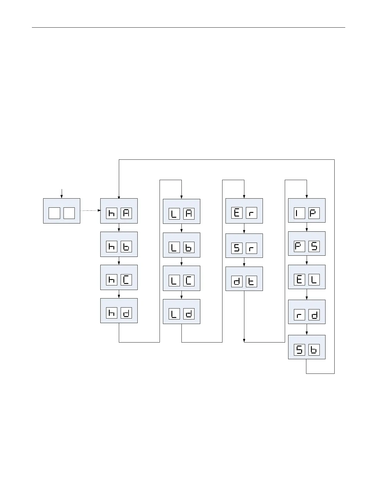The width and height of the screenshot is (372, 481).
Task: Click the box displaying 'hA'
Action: point(119,211)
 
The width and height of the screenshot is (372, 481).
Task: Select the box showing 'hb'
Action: point(119,244)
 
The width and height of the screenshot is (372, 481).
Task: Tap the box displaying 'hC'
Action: point(119,277)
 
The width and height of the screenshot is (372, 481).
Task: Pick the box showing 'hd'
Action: point(119,311)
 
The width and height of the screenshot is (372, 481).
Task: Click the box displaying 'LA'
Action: point(181,211)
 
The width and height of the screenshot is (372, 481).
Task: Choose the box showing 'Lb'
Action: point(181,245)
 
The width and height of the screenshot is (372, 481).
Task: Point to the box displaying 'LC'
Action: point(181,278)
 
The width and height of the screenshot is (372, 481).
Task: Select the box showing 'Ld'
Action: point(181,312)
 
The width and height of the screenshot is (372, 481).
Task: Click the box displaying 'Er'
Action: point(244,211)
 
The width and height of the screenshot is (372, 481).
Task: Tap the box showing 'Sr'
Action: point(244,246)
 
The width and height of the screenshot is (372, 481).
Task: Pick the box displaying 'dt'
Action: point(244,279)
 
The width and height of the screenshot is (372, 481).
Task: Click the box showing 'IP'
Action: point(307,210)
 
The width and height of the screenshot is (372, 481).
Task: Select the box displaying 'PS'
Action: point(307,244)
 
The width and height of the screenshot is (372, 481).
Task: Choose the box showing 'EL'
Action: point(307,277)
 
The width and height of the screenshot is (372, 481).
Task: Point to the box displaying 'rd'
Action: point(307,312)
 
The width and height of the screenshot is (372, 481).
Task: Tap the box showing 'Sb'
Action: point(307,347)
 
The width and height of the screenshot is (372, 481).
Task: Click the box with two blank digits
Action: point(62,211)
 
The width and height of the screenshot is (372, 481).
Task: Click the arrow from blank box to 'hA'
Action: point(90,210)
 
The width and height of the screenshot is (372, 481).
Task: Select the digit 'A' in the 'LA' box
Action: point(189,214)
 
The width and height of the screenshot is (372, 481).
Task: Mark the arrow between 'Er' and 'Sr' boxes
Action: point(244,228)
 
